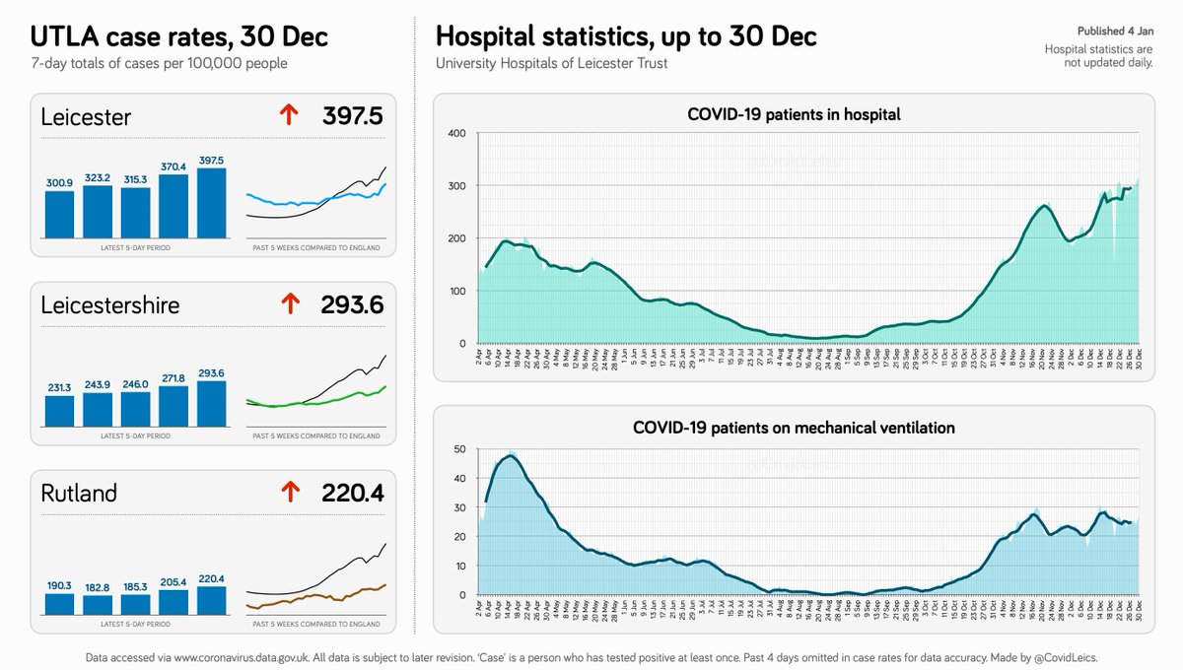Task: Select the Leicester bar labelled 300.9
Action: [x=60, y=213]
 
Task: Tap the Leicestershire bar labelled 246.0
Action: [x=135, y=406]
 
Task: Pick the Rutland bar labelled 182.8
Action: [x=98, y=603]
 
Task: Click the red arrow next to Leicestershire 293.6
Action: [x=289, y=305]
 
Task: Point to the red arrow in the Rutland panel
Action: [x=289, y=492]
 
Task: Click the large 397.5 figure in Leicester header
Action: [x=351, y=117]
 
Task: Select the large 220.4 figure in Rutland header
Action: [x=351, y=492]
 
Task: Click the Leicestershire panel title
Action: [x=110, y=305]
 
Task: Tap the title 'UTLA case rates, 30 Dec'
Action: [x=179, y=37]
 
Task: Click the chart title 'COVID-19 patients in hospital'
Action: [x=794, y=114]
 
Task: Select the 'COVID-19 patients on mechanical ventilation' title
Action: [x=794, y=428]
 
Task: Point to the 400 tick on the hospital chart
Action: [x=455, y=133]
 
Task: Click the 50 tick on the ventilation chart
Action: [x=458, y=449]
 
